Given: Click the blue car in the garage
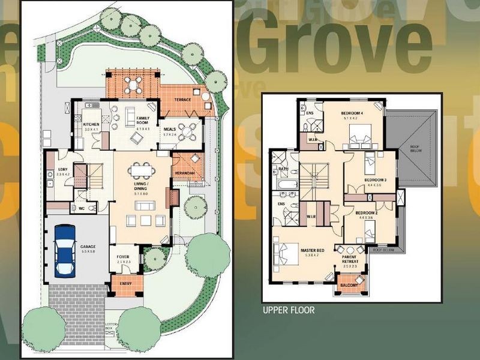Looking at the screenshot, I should [65, 250].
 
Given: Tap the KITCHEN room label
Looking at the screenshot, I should [91, 125].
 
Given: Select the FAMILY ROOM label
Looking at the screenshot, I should [143, 121].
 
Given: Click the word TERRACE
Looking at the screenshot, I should [182, 99].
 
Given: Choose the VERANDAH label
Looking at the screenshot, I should [185, 173].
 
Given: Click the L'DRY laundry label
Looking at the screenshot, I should [62, 170].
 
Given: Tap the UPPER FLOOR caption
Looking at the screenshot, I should [288, 310].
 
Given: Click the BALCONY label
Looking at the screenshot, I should [350, 286].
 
